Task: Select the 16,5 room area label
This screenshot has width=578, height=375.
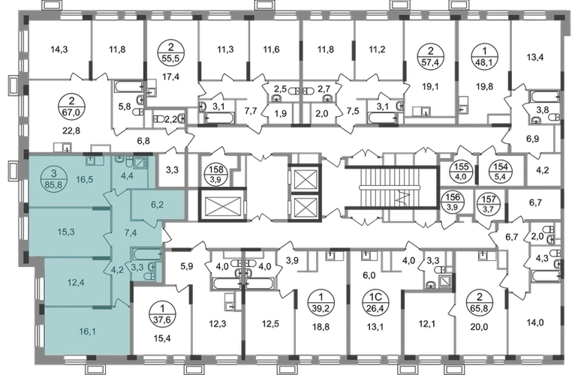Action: [x=85, y=180]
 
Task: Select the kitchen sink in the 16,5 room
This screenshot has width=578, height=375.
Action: [x=90, y=159]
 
